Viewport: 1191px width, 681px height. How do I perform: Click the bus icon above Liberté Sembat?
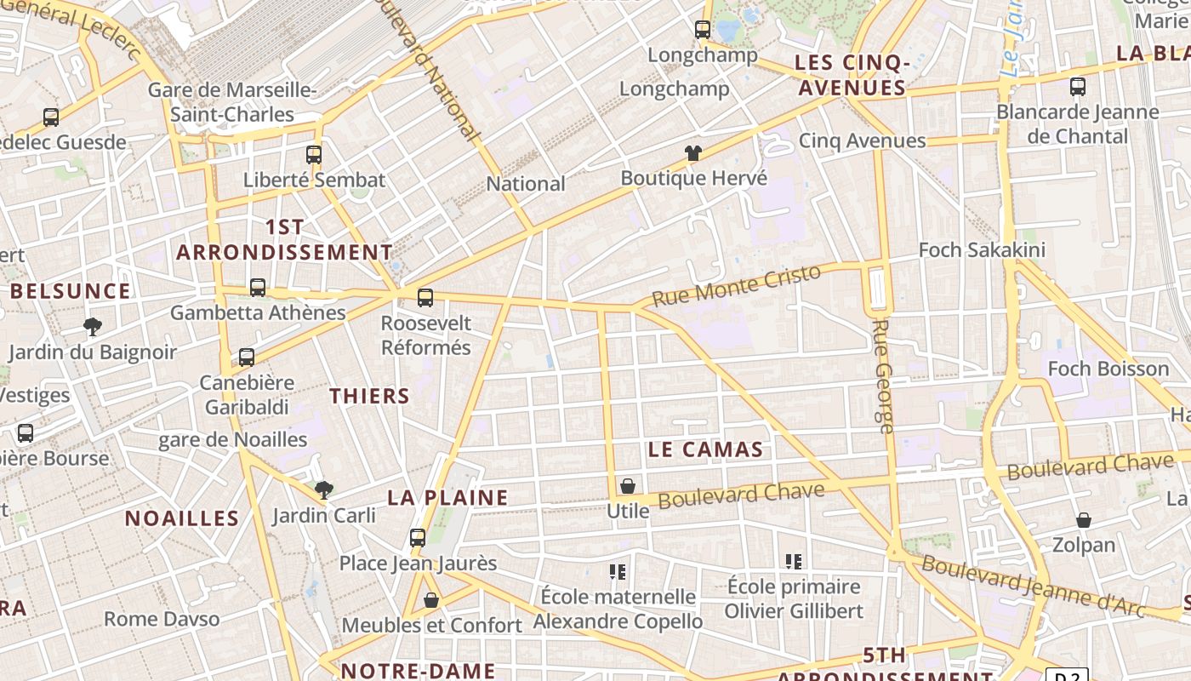click(x=314, y=154)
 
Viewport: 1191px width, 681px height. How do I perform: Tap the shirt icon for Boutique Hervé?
click(x=693, y=153)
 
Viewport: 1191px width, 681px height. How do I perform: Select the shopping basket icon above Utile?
click(x=628, y=486)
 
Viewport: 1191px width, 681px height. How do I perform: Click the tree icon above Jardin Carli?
click(x=323, y=489)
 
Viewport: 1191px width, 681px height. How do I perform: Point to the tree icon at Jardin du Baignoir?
click(x=93, y=326)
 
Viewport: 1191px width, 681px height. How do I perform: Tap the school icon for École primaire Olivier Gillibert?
click(x=794, y=561)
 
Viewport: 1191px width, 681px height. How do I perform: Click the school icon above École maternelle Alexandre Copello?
click(x=618, y=571)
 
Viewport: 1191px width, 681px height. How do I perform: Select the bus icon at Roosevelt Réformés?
click(x=425, y=298)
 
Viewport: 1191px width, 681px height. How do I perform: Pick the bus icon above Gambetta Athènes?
click(x=258, y=288)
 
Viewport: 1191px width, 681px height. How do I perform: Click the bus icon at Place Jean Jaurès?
click(x=418, y=538)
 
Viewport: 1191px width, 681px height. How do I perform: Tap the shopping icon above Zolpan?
click(x=1084, y=519)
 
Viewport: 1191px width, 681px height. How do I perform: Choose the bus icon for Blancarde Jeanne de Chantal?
click(x=1078, y=86)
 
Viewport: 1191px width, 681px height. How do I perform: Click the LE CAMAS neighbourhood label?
click(x=705, y=450)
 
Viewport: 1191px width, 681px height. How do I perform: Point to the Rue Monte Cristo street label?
click(x=737, y=285)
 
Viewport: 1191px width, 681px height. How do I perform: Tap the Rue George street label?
click(x=884, y=375)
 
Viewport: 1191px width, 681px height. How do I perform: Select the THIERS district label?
click(x=369, y=396)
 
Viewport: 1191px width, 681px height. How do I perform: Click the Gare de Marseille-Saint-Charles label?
click(x=232, y=102)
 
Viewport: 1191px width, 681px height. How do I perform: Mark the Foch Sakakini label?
click(x=982, y=250)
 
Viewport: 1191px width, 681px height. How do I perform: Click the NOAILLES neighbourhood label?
click(x=182, y=518)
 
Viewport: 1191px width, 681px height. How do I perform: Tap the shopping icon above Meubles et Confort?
click(x=431, y=600)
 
